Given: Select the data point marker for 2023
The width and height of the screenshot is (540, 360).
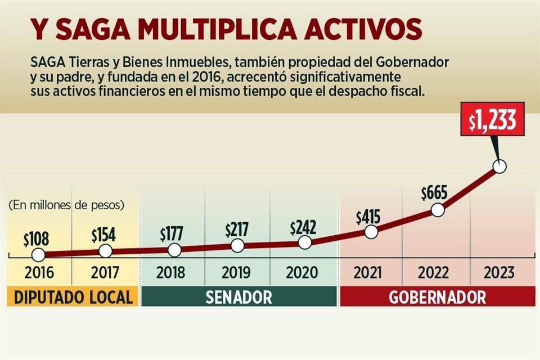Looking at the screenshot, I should click(499, 166).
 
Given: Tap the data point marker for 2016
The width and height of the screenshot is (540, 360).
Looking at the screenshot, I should click(38, 255).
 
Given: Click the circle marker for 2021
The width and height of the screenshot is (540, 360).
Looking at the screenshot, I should click(371, 232).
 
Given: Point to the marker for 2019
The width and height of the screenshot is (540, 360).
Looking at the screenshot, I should click(238, 246).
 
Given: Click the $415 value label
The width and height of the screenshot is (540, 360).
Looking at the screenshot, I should click(368, 216).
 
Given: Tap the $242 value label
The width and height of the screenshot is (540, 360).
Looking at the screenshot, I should click(303, 228).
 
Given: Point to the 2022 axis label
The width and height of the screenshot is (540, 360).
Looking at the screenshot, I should click(434, 273).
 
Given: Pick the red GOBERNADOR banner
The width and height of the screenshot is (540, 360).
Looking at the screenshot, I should click(437, 297).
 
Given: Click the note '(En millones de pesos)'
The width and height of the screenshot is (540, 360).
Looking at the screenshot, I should click(66, 205).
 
